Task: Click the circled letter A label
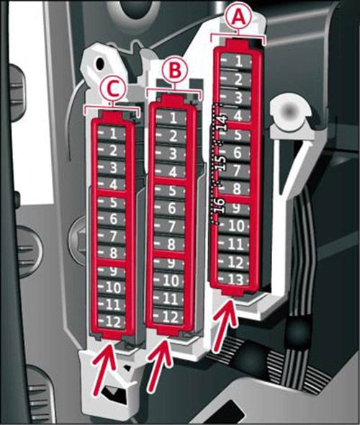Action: click(x=239, y=17)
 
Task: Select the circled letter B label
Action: click(x=175, y=69)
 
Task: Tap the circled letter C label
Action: click(x=113, y=89)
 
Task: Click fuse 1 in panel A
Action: click(x=236, y=61)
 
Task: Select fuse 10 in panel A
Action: click(x=234, y=225)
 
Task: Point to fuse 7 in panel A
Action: click(x=235, y=171)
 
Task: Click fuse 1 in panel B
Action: click(x=171, y=118)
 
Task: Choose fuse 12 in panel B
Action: click(x=168, y=316)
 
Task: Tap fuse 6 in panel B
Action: click(x=170, y=208)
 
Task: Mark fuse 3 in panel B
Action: click(x=171, y=153)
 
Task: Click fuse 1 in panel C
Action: click(x=112, y=133)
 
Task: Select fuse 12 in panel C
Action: click(x=112, y=322)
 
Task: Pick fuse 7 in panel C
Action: click(x=112, y=236)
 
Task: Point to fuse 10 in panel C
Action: click(x=112, y=287)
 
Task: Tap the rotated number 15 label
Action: click(x=221, y=163)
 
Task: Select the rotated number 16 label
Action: click(x=219, y=205)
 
